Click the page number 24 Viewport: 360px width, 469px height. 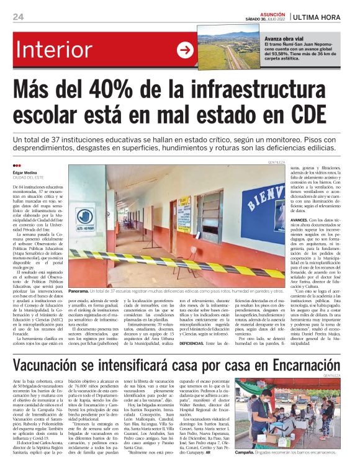click(17, 16)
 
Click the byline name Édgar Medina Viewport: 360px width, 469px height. click(25, 172)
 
